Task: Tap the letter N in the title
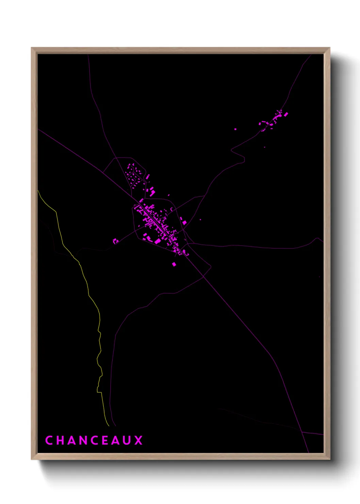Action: pos(83,440)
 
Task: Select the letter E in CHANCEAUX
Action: pos(105,440)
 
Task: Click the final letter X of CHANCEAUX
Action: pos(138,440)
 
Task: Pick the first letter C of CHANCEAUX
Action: pos(49,440)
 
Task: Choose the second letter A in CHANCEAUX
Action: pos(116,440)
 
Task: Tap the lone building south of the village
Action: pos(174,264)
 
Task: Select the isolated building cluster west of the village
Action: pos(115,241)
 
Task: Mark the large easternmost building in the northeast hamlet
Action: pos(286,114)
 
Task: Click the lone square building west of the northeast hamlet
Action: pos(235,129)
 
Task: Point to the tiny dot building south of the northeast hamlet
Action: pos(264,147)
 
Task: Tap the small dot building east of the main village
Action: pos(200,220)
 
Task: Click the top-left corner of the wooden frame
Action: pos(32,48)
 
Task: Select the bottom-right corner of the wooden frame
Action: pos(329,459)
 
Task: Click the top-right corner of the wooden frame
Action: pos(329,48)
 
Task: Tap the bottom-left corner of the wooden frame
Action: pos(32,459)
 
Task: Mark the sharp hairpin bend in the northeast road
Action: pos(232,150)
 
